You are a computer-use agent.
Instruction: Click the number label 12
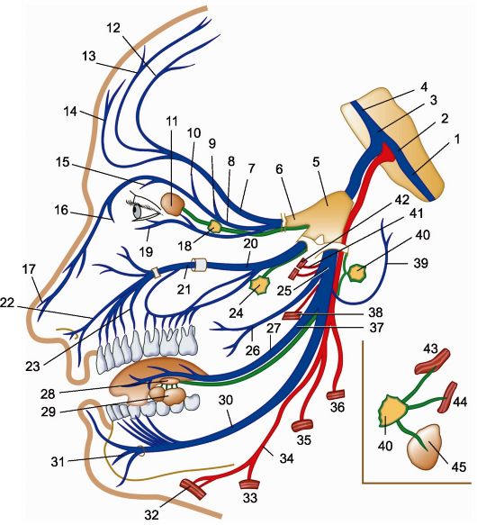[113, 28]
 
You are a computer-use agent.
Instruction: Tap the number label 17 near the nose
[29, 269]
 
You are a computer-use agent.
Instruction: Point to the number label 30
[226, 400]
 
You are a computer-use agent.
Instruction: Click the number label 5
[316, 162]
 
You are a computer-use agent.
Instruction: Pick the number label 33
[249, 498]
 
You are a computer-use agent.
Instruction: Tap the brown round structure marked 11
[173, 204]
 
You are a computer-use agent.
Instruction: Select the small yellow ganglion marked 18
[214, 227]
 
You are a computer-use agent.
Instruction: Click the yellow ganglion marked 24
[259, 285]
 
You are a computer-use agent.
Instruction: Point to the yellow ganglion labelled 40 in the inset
[392, 410]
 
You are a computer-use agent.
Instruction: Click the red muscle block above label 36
[336, 394]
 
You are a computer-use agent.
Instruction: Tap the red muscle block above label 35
[302, 426]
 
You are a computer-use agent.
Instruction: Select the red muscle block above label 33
[249, 484]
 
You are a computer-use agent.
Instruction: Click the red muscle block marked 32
[193, 488]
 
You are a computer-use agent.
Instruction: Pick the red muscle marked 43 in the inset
[432, 361]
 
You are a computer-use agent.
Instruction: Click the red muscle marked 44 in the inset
[447, 398]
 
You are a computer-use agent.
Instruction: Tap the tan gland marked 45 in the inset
[424, 448]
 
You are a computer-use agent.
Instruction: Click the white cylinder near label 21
[199, 265]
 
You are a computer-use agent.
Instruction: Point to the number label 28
[48, 394]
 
